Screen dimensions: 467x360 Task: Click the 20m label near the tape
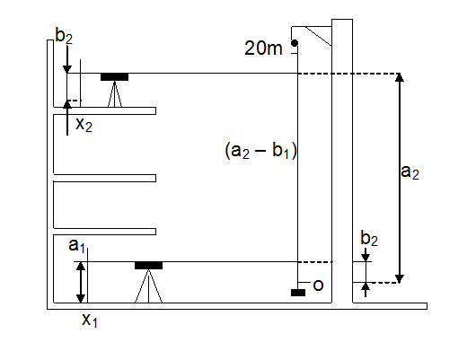(x=263, y=48)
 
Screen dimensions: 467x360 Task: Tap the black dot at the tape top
(x=295, y=43)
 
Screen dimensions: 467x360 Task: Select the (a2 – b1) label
(x=260, y=150)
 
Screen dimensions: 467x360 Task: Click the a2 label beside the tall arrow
(x=410, y=172)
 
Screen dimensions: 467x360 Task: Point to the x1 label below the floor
(x=90, y=320)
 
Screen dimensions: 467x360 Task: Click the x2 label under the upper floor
(x=84, y=124)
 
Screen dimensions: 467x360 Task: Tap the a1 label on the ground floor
(x=76, y=245)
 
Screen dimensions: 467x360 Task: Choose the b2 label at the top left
(x=64, y=36)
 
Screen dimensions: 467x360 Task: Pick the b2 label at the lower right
(x=369, y=239)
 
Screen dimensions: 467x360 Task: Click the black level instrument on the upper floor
(x=114, y=77)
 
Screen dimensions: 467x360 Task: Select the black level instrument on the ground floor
(x=148, y=266)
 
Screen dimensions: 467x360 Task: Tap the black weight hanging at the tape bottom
(x=298, y=293)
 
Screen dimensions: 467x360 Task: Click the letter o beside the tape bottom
(x=318, y=285)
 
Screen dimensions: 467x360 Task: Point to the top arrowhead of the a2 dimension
(x=400, y=77)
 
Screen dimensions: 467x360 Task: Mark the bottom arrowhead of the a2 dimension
(x=400, y=279)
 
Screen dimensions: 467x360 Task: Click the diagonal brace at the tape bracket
(x=318, y=36)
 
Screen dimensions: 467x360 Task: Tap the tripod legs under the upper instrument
(x=115, y=93)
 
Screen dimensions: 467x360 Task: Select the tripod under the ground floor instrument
(x=148, y=286)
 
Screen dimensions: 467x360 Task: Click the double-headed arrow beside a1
(x=81, y=283)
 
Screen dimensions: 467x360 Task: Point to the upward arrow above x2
(x=67, y=118)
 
